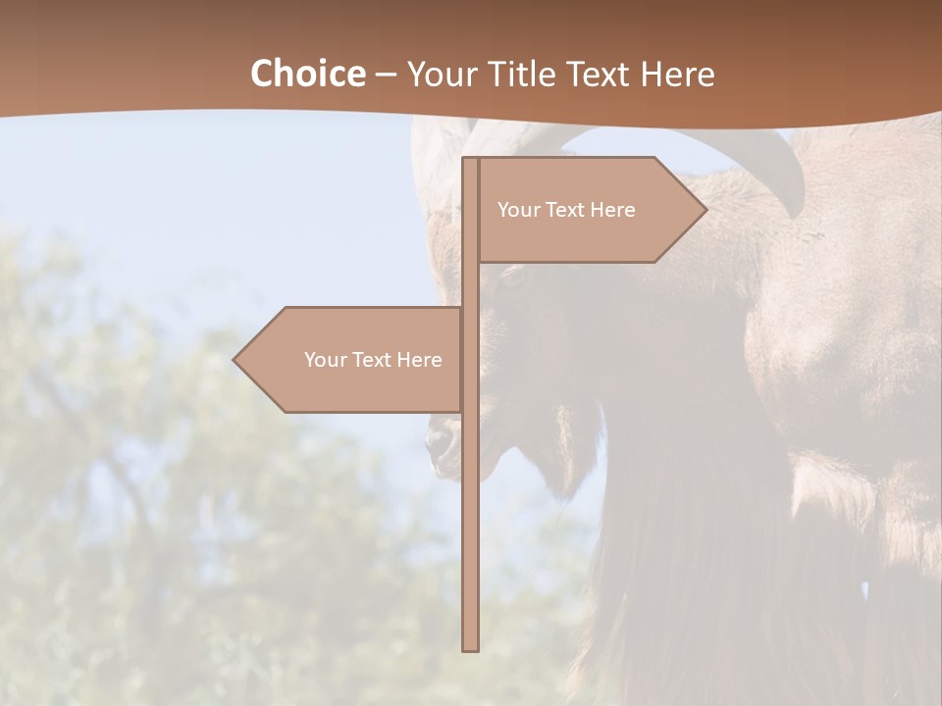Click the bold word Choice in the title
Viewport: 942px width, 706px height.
click(307, 75)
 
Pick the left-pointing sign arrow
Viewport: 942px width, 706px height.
click(353, 360)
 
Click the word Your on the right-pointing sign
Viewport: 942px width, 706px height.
click(517, 210)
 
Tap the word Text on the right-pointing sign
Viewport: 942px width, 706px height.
click(563, 210)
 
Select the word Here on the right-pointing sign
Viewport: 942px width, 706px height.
click(612, 210)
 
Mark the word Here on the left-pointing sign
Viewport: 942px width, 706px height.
click(419, 360)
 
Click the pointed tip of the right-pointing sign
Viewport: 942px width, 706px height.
click(705, 210)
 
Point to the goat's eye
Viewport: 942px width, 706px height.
click(512, 277)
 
